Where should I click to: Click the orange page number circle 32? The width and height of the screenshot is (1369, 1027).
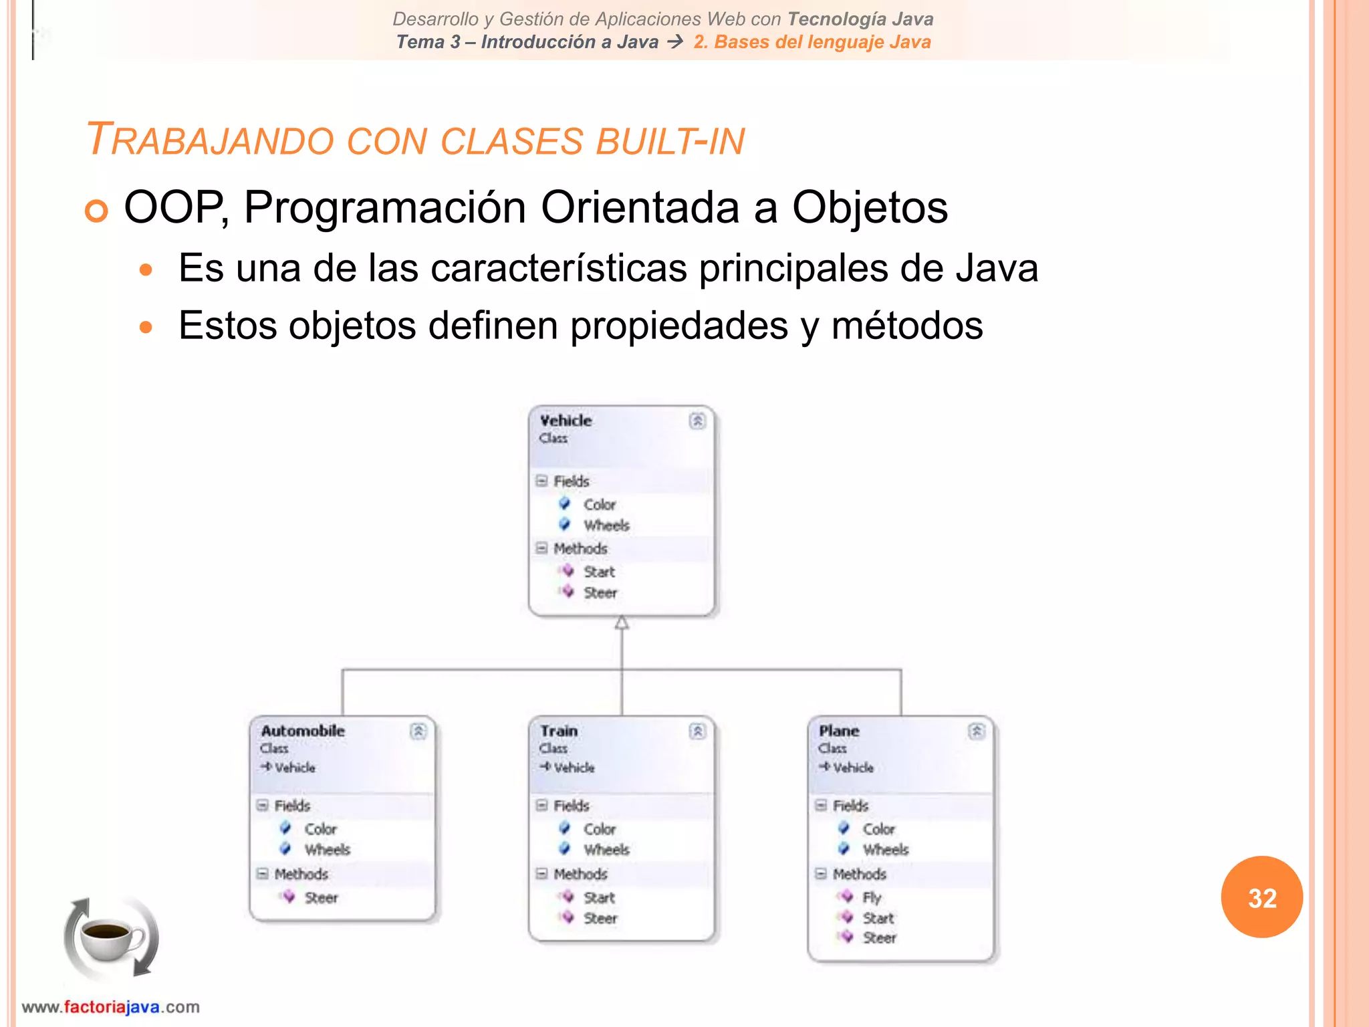1261,897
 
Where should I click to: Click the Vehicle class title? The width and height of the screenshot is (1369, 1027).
566,421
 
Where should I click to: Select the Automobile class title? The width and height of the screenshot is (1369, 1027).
303,731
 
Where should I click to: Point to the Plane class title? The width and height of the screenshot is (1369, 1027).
839,731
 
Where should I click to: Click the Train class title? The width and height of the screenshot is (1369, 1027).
559,731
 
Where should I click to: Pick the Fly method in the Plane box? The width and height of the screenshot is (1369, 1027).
872,897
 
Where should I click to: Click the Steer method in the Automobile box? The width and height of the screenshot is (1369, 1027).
321,897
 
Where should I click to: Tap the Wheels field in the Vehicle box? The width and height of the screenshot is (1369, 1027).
606,526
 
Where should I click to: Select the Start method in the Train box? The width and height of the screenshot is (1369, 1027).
599,897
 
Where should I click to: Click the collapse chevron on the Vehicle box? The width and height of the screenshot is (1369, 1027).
697,421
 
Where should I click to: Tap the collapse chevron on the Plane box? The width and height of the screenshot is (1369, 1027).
976,731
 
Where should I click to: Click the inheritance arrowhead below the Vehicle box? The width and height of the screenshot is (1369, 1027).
622,623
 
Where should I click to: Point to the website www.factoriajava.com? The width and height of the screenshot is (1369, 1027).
111,1007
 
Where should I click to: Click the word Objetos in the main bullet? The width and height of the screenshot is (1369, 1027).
870,207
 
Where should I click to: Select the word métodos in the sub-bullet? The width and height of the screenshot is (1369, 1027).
907,326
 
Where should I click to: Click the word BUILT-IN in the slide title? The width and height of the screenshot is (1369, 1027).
670,141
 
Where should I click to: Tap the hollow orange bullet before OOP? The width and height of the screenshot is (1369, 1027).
96,211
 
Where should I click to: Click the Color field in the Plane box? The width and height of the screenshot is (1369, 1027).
878,829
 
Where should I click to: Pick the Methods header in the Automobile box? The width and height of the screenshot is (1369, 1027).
301,874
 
